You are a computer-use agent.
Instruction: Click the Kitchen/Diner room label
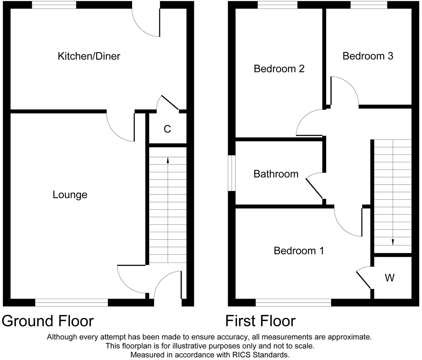tap(89, 56)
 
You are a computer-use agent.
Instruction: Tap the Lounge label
tap(70, 195)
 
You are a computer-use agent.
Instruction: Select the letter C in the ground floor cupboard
tap(167, 129)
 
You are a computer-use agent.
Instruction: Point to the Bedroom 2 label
tap(279, 68)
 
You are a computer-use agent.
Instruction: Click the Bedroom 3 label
tap(368, 56)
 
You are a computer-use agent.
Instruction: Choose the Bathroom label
tap(276, 174)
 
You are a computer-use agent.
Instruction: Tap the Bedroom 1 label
tap(298, 251)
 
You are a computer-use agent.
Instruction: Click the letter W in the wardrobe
tap(389, 278)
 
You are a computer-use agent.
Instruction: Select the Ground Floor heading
tap(48, 321)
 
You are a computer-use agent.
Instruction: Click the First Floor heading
tap(260, 321)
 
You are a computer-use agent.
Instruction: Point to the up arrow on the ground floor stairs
tap(167, 160)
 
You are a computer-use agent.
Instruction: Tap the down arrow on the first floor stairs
tap(393, 242)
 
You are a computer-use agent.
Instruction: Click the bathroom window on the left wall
tap(232, 173)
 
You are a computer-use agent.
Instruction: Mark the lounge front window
tap(71, 302)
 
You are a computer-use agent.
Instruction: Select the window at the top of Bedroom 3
tap(369, 5)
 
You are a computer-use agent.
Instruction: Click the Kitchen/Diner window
tap(54, 5)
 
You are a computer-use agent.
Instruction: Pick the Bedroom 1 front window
tap(293, 302)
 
